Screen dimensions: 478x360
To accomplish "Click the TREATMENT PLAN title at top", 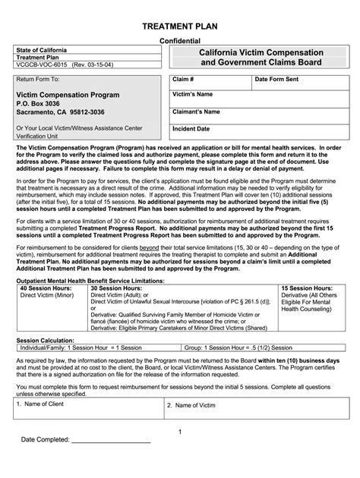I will click(x=179, y=26).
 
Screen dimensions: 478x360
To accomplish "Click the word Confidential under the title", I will click(x=180, y=41).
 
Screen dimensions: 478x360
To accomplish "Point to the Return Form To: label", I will click(x=38, y=79).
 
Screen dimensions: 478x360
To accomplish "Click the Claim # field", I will click(x=208, y=80).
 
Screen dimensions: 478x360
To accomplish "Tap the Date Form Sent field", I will click(x=296, y=80).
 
